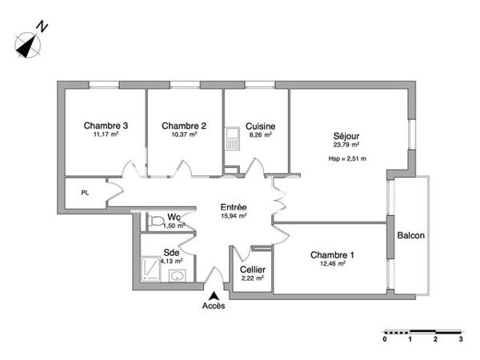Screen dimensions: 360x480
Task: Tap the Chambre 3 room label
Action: (106, 126)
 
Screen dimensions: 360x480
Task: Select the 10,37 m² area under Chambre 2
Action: (183, 134)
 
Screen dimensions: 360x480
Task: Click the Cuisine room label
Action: (261, 126)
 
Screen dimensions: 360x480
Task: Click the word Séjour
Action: (346, 135)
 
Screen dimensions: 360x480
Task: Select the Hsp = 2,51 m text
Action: (347, 158)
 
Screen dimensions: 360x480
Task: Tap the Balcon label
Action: (410, 235)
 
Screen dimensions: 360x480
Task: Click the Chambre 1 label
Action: (332, 254)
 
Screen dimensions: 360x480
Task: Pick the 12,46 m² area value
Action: (332, 263)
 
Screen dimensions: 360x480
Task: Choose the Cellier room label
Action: (253, 270)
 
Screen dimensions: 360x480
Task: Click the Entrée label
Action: (233, 206)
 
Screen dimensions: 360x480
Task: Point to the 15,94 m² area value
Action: (233, 215)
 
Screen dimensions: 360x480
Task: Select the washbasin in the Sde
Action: (178, 276)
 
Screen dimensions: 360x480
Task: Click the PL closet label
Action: (84, 192)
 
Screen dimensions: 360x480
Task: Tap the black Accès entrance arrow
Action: (213, 295)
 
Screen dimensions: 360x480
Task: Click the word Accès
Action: (213, 306)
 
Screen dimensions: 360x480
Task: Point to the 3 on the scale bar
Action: (460, 339)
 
